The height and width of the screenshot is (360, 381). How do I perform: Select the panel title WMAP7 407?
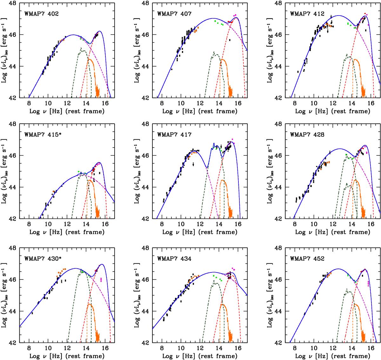173,14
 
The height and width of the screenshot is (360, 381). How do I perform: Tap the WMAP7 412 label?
306,14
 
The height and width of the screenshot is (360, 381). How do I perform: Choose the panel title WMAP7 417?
173,134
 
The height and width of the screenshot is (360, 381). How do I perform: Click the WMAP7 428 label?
306,134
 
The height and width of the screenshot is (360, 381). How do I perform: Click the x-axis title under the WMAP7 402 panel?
67,111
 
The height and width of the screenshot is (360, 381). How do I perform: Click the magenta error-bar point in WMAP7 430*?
101,279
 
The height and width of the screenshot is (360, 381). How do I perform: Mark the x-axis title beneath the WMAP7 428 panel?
333,232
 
